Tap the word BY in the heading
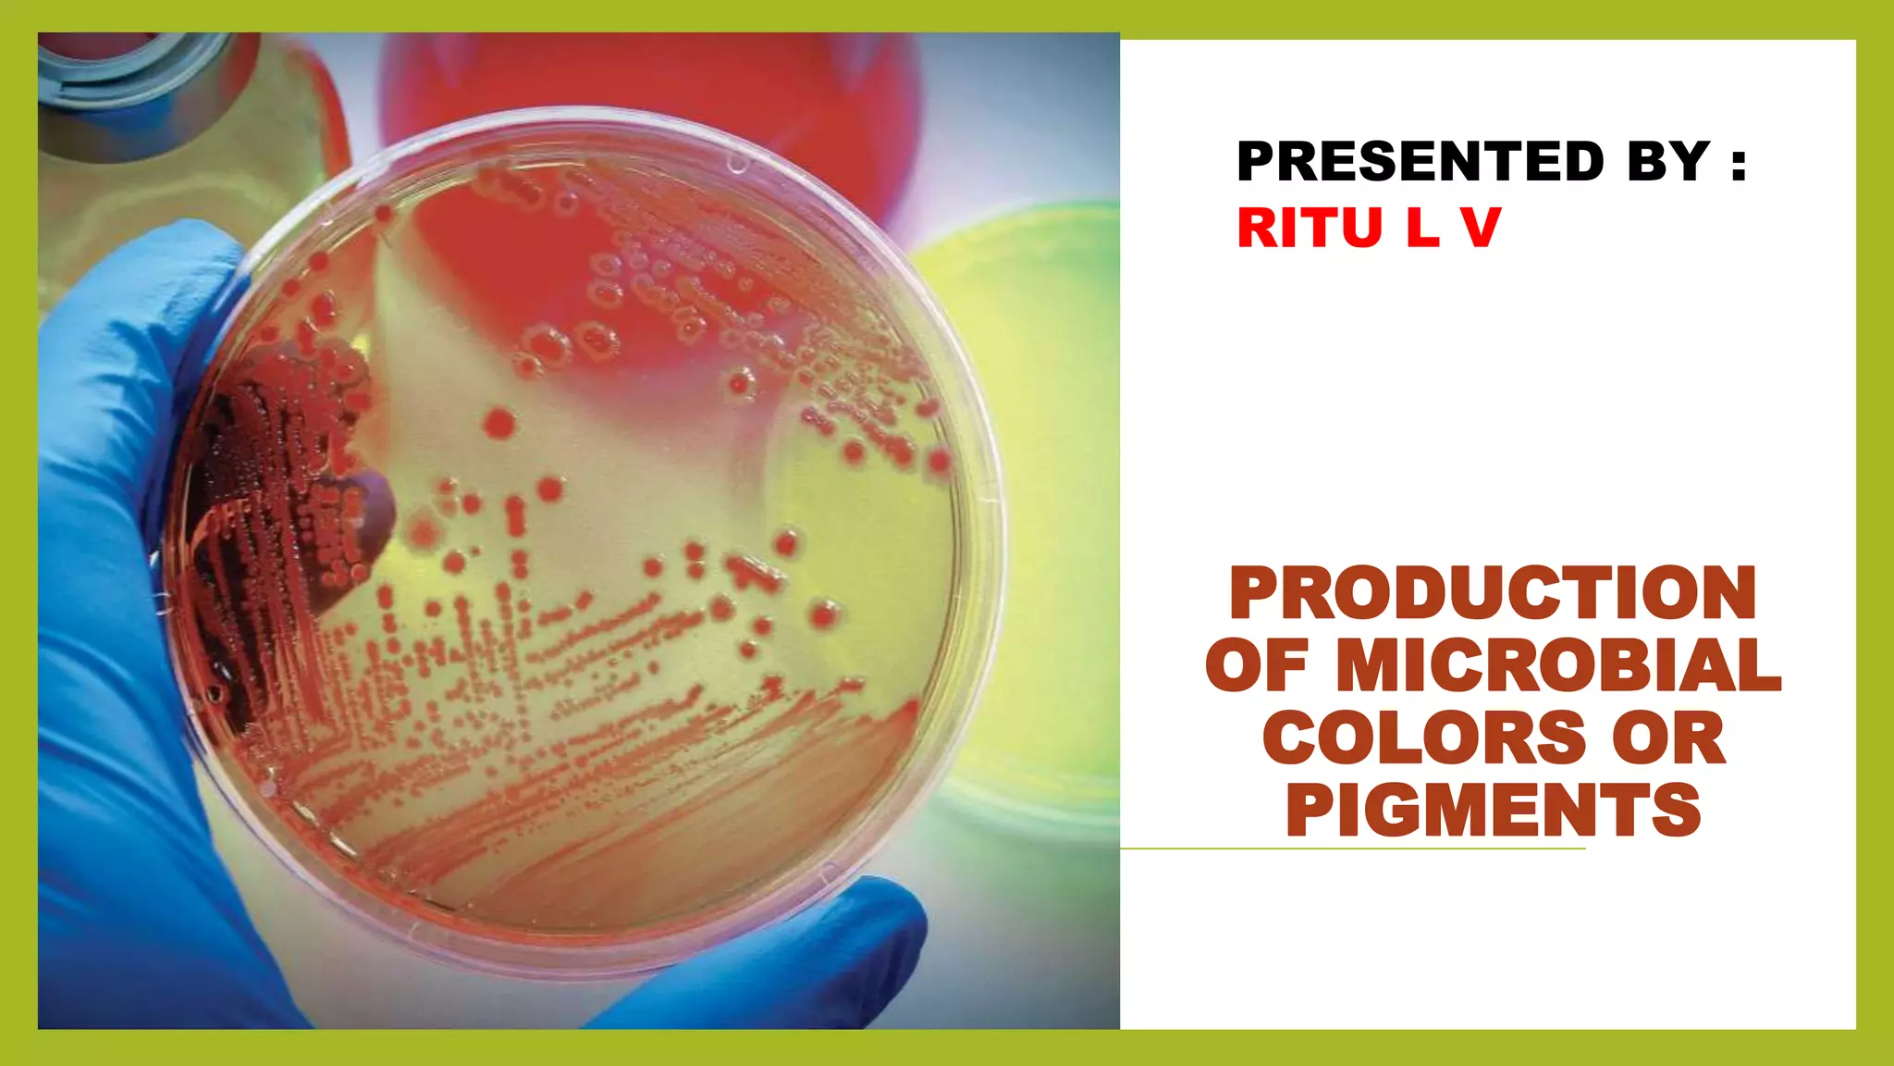point(1667,162)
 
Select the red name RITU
point(1310,228)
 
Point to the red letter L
point(1422,228)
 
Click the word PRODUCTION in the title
point(1493,593)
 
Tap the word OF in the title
point(1257,665)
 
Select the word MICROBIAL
point(1558,665)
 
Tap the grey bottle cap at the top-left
point(129,65)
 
